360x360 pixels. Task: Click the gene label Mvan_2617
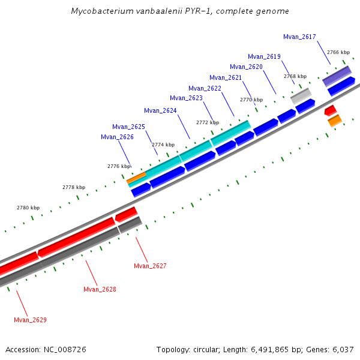pos(299,37)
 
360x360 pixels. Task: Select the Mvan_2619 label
pos(264,56)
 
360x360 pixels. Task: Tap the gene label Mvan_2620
pos(246,67)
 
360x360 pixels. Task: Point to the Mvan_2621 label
pos(226,77)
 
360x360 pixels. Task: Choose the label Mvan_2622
pos(205,88)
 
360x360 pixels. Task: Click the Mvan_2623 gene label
pos(186,98)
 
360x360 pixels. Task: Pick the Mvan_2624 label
pos(160,110)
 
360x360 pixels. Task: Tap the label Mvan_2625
pos(128,127)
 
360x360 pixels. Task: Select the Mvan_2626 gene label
pos(117,137)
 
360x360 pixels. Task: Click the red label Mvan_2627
pos(150,266)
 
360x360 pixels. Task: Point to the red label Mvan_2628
pos(100,289)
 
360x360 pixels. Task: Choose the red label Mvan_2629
pos(30,320)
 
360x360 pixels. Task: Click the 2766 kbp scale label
pos(338,52)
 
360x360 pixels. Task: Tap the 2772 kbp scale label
pos(208,122)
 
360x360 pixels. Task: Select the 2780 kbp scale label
pos(28,208)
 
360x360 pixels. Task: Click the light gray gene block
pos(301,95)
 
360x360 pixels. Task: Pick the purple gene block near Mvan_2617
pos(337,76)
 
